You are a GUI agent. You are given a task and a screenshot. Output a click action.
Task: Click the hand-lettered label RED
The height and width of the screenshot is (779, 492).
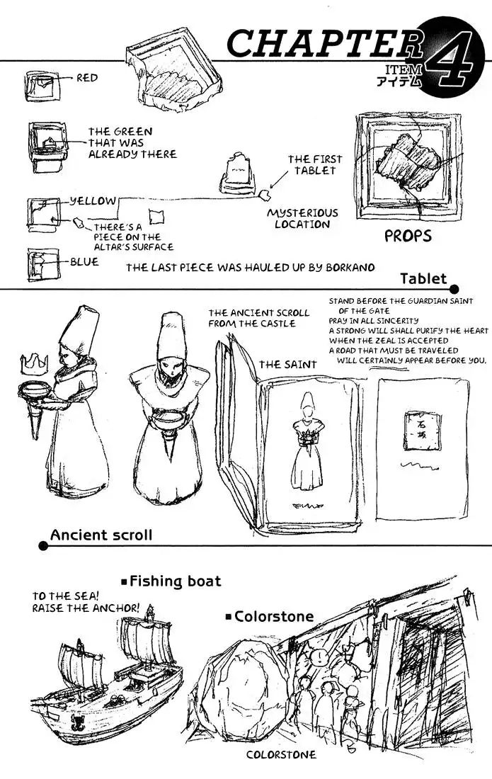coord(87,79)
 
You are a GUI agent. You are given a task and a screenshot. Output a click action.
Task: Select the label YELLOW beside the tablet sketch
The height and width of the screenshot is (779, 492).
coord(92,201)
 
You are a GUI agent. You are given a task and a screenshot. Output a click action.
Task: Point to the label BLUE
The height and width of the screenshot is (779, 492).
coord(84,262)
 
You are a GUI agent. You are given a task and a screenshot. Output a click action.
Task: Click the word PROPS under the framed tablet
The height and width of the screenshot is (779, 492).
coord(408,236)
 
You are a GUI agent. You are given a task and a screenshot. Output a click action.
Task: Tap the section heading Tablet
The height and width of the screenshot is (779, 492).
coord(423,278)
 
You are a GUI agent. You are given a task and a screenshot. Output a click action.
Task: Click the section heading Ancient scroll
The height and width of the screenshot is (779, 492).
coord(101,535)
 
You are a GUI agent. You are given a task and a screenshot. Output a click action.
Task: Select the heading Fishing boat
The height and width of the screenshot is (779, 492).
coord(175,581)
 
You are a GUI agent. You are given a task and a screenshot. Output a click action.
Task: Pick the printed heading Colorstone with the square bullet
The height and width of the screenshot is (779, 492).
coord(274,616)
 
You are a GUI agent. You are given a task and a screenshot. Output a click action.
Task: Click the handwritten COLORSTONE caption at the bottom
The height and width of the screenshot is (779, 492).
coord(281,755)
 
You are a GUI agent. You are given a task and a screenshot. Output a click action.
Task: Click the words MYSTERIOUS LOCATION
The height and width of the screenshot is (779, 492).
coord(302,218)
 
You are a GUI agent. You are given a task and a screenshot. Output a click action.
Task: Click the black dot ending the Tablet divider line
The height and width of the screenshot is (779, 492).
coord(454,289)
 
